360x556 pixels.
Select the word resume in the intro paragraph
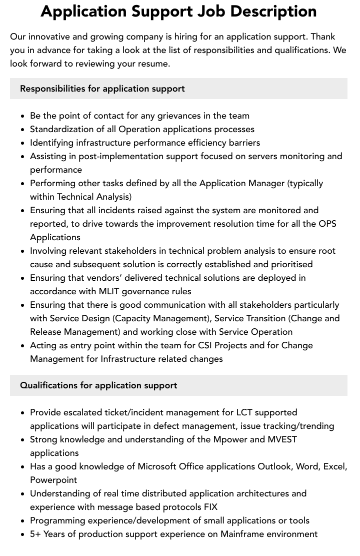pyautogui.click(x=153, y=64)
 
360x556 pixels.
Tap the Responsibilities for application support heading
pyautogui.click(x=102, y=89)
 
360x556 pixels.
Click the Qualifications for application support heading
pyautogui.click(x=98, y=385)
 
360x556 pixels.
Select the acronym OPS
pyautogui.click(x=327, y=224)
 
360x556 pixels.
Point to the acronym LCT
pyautogui.click(x=246, y=412)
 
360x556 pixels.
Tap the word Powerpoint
pyautogui.click(x=53, y=480)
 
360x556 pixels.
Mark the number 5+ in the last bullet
pyautogui.click(x=35, y=534)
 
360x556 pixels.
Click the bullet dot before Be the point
pyautogui.click(x=23, y=116)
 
